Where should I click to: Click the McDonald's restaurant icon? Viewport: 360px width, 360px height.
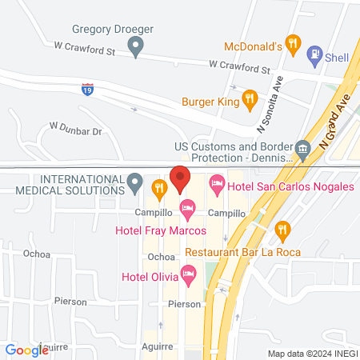(294, 45)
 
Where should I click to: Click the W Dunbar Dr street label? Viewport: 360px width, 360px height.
(76, 127)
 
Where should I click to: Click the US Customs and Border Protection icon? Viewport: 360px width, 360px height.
(302, 149)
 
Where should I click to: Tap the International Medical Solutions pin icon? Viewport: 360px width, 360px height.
(136, 184)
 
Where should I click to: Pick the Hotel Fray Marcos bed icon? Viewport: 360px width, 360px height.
(187, 210)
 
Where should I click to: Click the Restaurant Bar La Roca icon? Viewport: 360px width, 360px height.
(282, 231)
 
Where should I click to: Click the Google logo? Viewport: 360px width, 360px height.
(26, 350)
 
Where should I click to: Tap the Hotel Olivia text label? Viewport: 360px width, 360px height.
(148, 278)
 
